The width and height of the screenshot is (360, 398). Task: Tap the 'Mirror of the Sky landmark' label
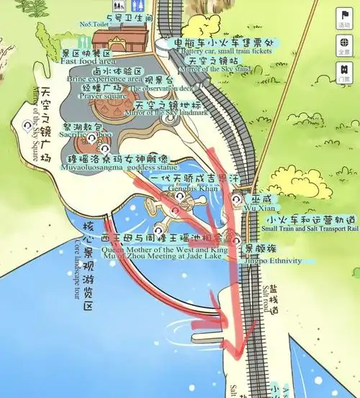pyautogui.click(x=166, y=113)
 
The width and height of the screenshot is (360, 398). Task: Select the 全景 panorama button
pyautogui.click(x=343, y=46)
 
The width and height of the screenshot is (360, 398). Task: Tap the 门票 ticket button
pyautogui.click(x=343, y=72)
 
